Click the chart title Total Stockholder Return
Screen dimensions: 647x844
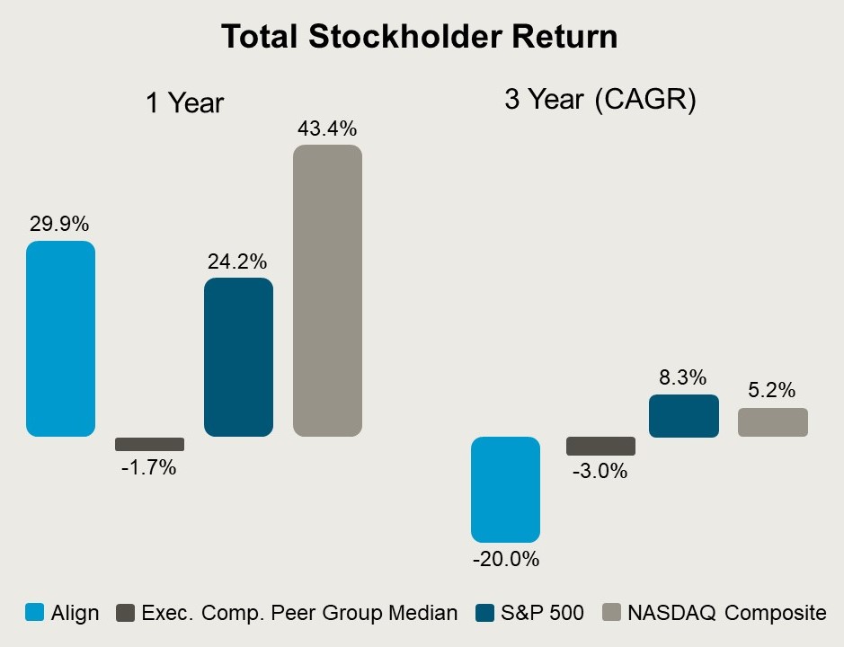pos(419,37)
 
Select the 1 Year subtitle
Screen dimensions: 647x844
pos(184,103)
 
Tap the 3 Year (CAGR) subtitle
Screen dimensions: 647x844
pos(600,100)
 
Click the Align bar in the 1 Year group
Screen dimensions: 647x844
pos(60,339)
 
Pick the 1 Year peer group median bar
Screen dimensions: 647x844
pos(149,444)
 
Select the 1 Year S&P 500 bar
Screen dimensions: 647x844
pos(238,357)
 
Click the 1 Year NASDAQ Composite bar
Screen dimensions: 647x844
pos(327,290)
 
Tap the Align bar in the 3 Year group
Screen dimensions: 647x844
pos(506,489)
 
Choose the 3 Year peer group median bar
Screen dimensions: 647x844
pos(600,446)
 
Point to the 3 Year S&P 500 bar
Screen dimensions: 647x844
pos(684,416)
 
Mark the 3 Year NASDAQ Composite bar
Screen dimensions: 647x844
pos(773,422)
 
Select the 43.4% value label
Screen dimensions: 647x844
pos(327,128)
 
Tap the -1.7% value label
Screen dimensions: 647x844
pos(148,467)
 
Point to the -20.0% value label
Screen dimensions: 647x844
pos(505,559)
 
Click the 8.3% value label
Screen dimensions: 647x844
pos(684,377)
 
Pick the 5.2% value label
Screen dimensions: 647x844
pos(772,391)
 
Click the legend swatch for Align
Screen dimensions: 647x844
pos(34,613)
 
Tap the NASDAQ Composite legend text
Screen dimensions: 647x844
pos(726,613)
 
